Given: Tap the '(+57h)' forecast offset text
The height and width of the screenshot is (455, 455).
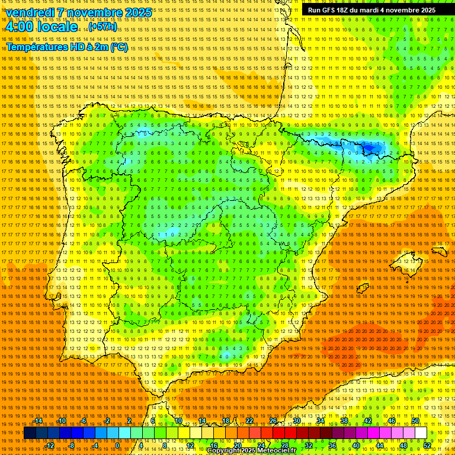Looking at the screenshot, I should (x=103, y=27).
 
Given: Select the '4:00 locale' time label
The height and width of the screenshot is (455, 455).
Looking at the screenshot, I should (x=41, y=27).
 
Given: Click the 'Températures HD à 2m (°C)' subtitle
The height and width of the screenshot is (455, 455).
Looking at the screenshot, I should (x=66, y=47).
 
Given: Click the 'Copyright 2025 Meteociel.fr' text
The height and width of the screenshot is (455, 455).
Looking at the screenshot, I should (x=251, y=451).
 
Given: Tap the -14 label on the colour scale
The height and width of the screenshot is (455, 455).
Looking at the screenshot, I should (x=39, y=421).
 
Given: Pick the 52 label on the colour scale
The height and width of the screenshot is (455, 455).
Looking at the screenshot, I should (x=427, y=446).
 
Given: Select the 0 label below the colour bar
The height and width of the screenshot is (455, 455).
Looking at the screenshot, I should (x=117, y=446).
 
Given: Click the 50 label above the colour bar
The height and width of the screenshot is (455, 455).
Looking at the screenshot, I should (x=415, y=421).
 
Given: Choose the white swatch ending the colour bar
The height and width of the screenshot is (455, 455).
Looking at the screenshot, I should (x=421, y=433).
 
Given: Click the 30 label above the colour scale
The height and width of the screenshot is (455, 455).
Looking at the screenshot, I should (x=296, y=421).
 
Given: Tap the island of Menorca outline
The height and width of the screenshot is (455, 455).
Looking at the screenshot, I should (x=440, y=251).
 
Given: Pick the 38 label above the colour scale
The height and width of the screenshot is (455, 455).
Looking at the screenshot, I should (x=344, y=421).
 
